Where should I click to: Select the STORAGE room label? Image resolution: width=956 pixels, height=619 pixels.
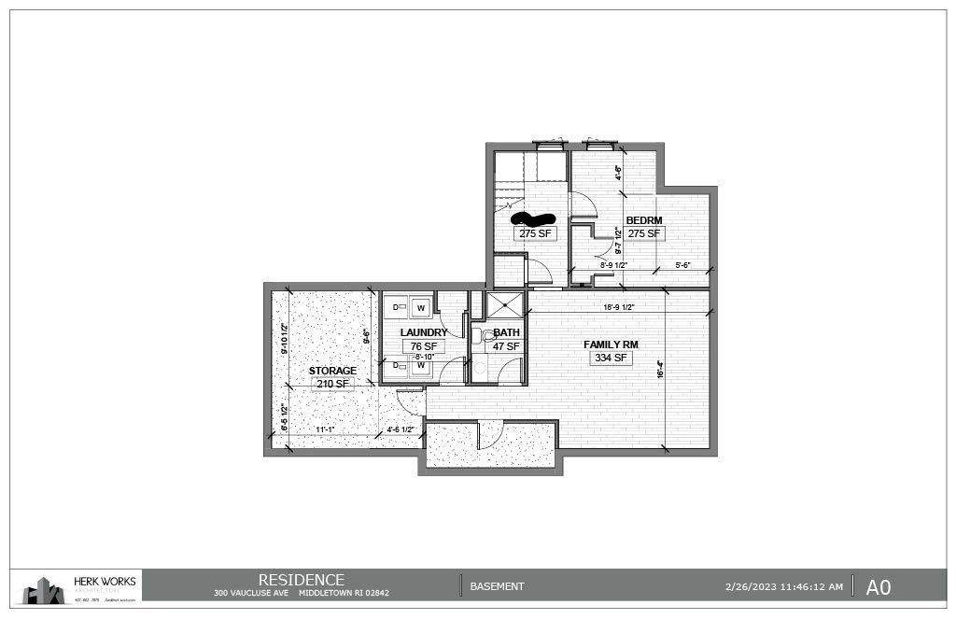point(332,371)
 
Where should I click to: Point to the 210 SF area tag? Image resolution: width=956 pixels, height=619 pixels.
point(332,384)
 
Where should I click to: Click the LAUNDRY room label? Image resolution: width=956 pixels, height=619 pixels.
point(423,332)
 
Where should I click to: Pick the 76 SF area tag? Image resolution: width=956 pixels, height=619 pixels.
point(423,345)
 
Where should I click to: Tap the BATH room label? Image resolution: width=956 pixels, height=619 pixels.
point(507,332)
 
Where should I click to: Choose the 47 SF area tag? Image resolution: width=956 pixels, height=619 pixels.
point(507,345)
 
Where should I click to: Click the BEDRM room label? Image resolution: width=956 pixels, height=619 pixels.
point(644,220)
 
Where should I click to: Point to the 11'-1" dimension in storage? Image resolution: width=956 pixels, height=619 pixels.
point(325,430)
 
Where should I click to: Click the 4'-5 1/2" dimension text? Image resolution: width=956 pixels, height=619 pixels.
point(402,430)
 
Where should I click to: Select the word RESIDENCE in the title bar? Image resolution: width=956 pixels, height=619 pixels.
point(301,580)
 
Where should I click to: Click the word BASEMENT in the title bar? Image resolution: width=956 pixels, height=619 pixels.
point(497,586)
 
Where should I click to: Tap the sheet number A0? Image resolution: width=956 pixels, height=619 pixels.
point(878,586)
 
